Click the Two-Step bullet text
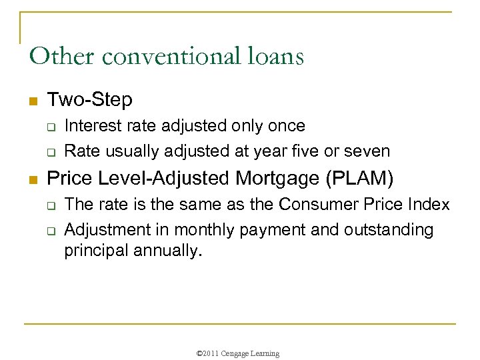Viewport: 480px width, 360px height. [x=90, y=100]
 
